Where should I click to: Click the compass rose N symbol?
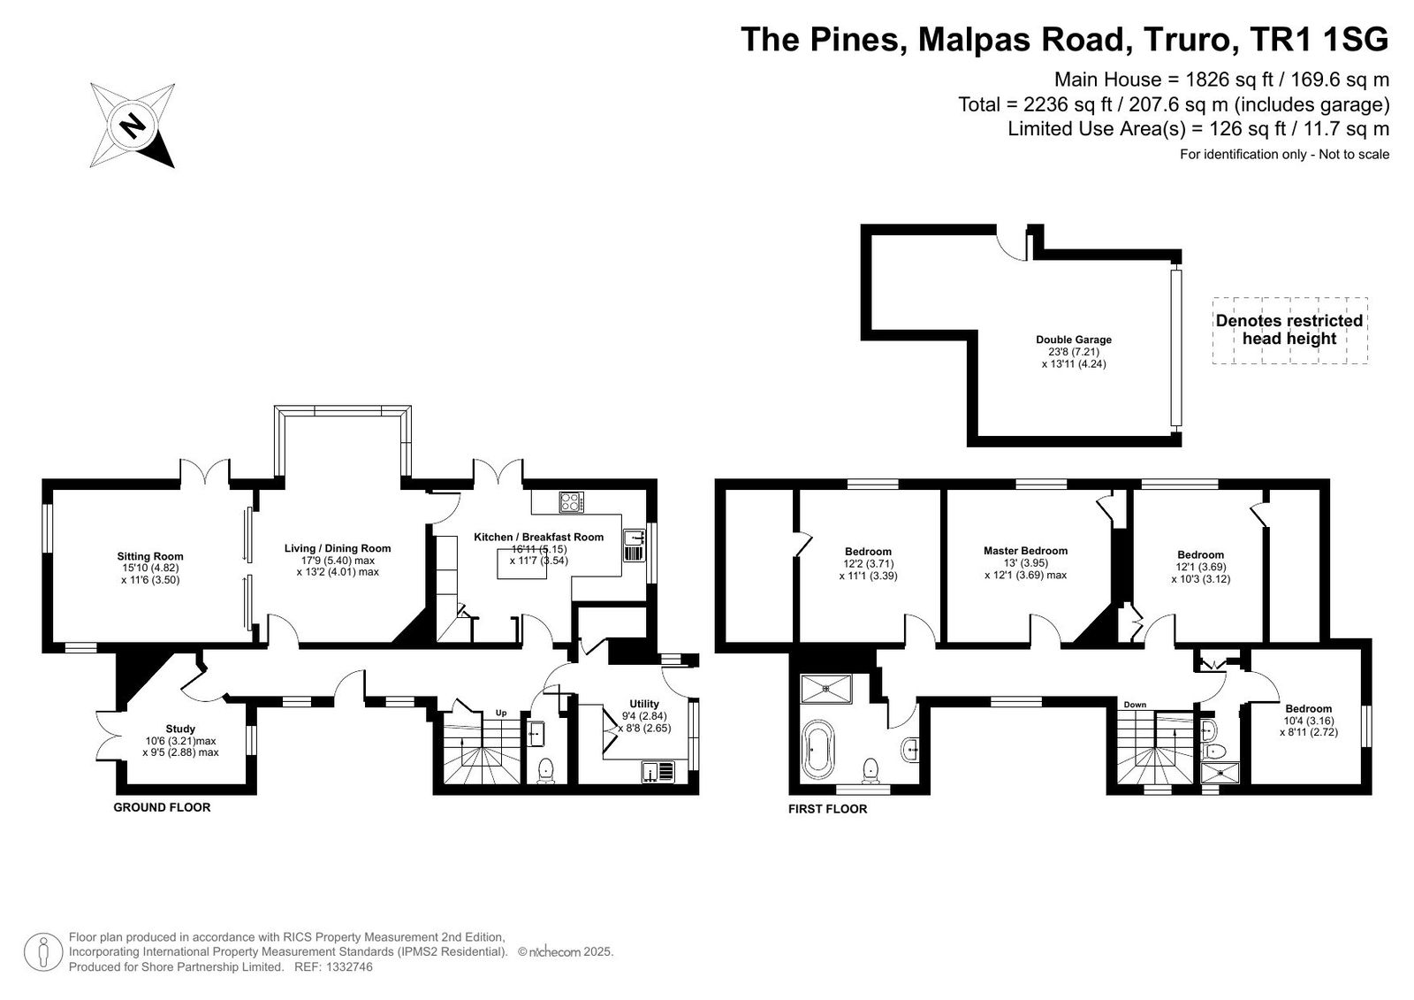coord(133,125)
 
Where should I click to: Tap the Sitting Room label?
coord(150,556)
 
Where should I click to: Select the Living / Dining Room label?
coord(338,548)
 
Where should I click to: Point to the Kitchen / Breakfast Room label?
coord(538,537)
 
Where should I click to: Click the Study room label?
coord(180,729)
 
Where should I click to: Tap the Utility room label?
coord(644,704)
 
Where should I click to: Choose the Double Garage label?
coord(1074,340)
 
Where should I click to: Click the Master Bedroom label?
coord(1026,551)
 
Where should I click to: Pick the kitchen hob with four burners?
coord(571,503)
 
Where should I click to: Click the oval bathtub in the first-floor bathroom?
coord(818,755)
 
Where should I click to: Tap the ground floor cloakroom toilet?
coord(545,771)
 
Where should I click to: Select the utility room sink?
coord(658,771)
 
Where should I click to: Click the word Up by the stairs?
coord(501,713)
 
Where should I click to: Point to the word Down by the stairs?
coord(1135,705)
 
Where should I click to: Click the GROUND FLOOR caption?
coord(163,807)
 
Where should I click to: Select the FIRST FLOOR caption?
coord(827,809)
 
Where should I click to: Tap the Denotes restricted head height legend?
coord(1289,330)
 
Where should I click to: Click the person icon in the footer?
coord(43,952)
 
